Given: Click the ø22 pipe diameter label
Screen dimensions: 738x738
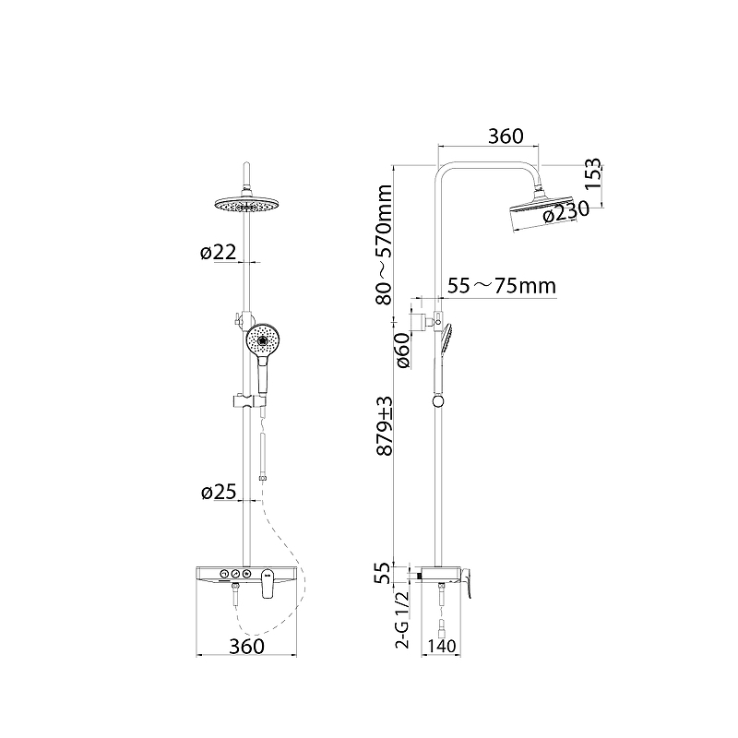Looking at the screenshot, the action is [x=218, y=253].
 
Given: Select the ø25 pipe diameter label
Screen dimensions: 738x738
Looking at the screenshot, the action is [x=219, y=493].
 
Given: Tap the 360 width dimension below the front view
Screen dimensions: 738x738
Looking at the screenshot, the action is [x=246, y=647].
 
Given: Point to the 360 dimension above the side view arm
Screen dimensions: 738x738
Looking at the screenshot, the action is [x=506, y=137].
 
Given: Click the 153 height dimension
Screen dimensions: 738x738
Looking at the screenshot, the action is [x=593, y=173].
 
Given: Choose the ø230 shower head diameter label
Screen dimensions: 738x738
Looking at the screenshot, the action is [x=565, y=211].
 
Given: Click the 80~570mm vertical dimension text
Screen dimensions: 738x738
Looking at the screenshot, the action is [x=384, y=244].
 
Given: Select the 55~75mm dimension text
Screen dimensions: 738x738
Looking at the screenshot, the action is [x=502, y=286].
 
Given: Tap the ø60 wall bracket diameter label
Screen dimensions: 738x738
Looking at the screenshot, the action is [x=403, y=351].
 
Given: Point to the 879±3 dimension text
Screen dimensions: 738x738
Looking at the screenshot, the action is [x=384, y=425].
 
